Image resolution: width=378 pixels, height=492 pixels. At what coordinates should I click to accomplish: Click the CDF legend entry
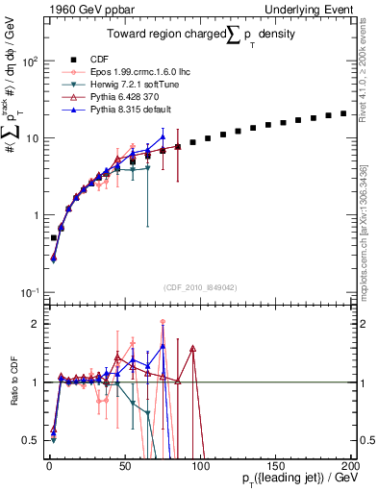(101, 58)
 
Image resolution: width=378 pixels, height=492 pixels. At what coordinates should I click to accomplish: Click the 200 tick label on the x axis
(349, 464)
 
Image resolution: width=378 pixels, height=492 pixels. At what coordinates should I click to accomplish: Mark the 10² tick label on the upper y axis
(29, 61)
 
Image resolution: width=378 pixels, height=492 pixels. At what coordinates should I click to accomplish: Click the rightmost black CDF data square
(343, 113)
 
